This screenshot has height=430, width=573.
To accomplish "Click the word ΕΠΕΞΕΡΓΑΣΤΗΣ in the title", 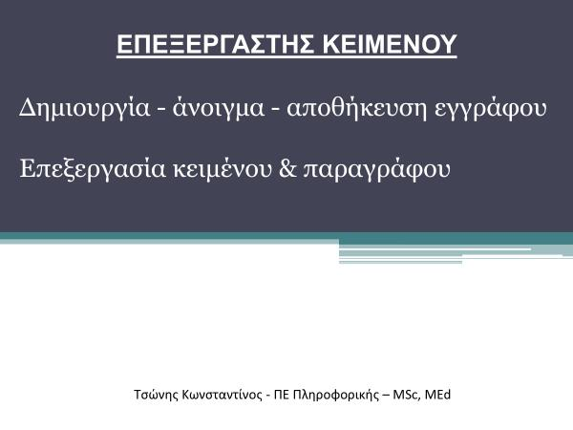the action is click(215, 44).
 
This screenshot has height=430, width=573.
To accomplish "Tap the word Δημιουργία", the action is click(84, 108).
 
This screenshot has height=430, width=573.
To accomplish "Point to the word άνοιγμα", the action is click(218, 108).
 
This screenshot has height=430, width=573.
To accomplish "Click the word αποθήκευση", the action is click(356, 108).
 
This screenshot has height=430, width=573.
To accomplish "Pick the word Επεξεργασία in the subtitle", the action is click(93, 169).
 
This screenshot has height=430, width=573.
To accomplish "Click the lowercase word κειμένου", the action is click(223, 169).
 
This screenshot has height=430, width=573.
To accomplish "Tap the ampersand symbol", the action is click(287, 169).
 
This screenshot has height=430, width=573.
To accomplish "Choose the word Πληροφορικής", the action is click(336, 396).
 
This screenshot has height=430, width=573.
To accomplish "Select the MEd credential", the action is click(437, 395).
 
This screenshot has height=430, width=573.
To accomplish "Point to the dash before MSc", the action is click(386, 397).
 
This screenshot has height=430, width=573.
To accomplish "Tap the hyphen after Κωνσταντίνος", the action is click(268, 397).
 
